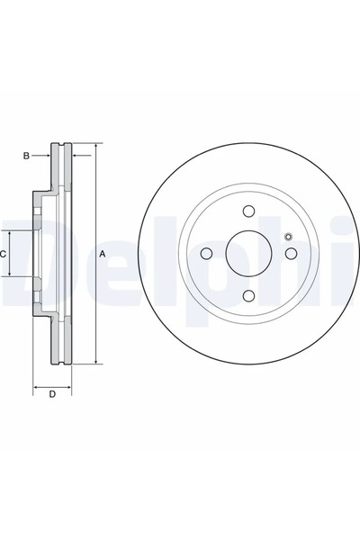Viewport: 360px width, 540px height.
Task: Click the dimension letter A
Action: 102,254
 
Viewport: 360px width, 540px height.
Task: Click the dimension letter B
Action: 26,156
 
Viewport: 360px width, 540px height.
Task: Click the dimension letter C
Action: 3,255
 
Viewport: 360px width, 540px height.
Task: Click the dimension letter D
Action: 52,394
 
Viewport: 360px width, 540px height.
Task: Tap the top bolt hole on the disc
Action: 248,211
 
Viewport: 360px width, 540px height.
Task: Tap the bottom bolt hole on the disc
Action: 248,296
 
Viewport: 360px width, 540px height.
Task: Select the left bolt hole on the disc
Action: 206,254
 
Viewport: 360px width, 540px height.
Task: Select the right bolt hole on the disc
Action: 292,254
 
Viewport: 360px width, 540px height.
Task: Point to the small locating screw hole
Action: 289,237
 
